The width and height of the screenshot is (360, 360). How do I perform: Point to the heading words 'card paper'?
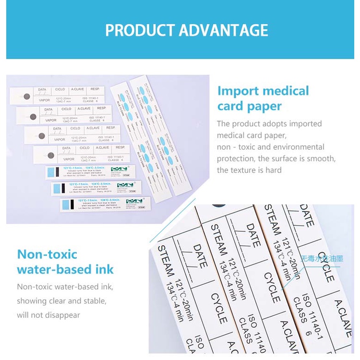tap(249, 106)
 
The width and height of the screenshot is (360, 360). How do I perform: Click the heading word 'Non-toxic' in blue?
tap(47, 254)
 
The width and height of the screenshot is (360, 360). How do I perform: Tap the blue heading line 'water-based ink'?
tap(65, 269)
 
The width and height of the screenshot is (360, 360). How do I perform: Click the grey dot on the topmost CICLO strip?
tap(27, 96)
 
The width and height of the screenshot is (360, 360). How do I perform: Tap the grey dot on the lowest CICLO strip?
tap(50, 156)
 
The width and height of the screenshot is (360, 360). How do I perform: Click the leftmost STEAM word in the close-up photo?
tap(165, 262)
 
